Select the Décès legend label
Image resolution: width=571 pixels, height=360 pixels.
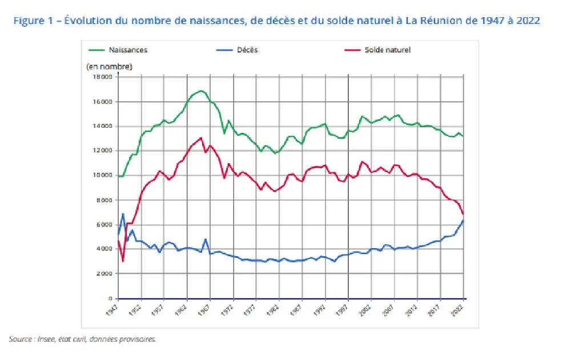[247, 50]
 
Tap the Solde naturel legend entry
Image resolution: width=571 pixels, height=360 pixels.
[387, 50]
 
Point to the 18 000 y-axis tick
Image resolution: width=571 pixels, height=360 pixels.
[103, 77]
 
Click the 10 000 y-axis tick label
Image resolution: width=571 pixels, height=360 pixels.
[103, 176]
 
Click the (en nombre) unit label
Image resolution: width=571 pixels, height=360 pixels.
[109, 67]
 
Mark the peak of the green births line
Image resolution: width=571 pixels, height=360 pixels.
[200, 91]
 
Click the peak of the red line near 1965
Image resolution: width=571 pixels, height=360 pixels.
[200, 137]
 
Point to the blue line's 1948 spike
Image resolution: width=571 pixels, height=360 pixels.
[123, 214]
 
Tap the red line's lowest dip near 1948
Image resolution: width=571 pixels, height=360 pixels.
[123, 261]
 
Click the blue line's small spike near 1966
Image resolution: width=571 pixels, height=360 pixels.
[205, 239]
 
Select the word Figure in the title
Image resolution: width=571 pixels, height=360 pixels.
[28, 21]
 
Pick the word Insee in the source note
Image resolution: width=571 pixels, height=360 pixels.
[47, 339]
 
